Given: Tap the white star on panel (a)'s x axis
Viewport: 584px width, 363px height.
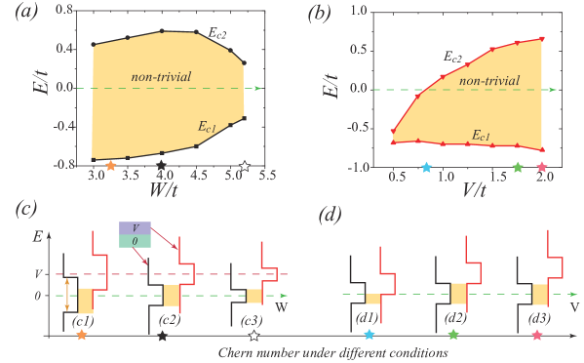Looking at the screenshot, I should click(245, 166).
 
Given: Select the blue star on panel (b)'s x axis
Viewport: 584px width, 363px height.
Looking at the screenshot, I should click(425, 168).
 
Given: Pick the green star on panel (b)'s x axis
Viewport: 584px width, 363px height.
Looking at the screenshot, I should click(517, 168).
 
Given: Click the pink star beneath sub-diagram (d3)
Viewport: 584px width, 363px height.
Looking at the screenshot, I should click(537, 335).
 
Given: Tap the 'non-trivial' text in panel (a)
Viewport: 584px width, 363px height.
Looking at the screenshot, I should click(161, 76).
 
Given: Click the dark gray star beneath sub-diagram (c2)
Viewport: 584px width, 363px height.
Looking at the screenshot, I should click(162, 336).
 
